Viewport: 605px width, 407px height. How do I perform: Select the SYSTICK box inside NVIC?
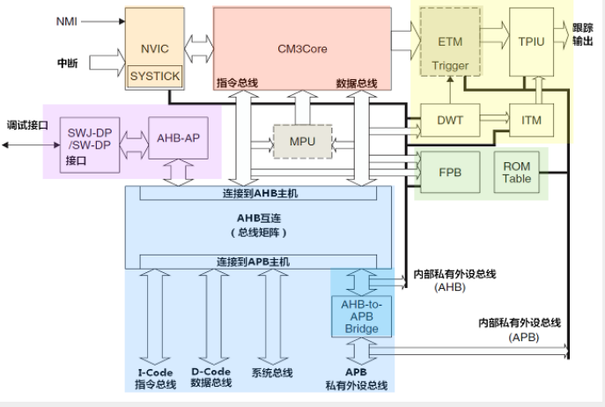154,77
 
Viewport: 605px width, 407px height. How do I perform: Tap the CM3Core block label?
302,48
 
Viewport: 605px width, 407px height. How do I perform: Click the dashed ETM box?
450,41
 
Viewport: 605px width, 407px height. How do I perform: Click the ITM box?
532,119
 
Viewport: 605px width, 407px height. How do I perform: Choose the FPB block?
450,172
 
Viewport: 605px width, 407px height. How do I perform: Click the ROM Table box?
517,173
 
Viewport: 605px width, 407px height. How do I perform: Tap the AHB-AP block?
179,137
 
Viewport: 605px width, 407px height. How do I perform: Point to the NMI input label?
67,20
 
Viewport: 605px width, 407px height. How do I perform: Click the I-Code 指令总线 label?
154,377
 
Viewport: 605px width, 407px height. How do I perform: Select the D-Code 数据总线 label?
211,377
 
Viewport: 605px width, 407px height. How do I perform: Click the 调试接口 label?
26,125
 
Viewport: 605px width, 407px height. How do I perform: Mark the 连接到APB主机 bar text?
253,262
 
